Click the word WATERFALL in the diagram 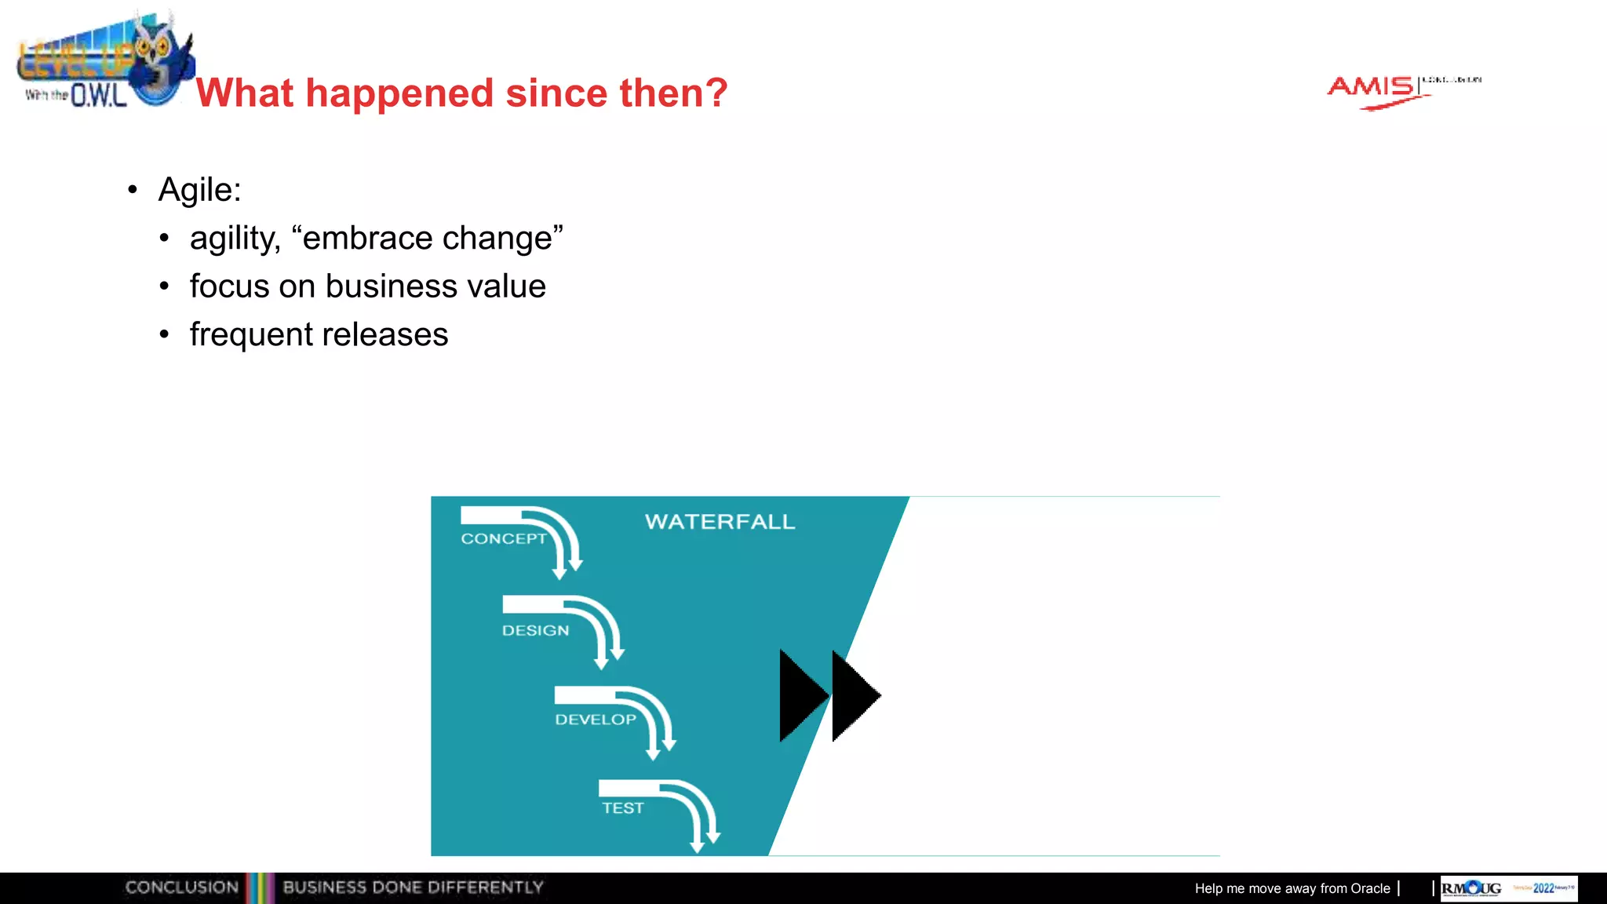720,522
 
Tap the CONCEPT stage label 503,539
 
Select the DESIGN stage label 535,631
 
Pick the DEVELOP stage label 595,720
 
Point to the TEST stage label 622,808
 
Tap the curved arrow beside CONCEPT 563,541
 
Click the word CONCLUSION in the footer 181,888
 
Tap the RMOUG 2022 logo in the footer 1508,888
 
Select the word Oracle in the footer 1370,888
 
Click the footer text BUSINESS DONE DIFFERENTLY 413,888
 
